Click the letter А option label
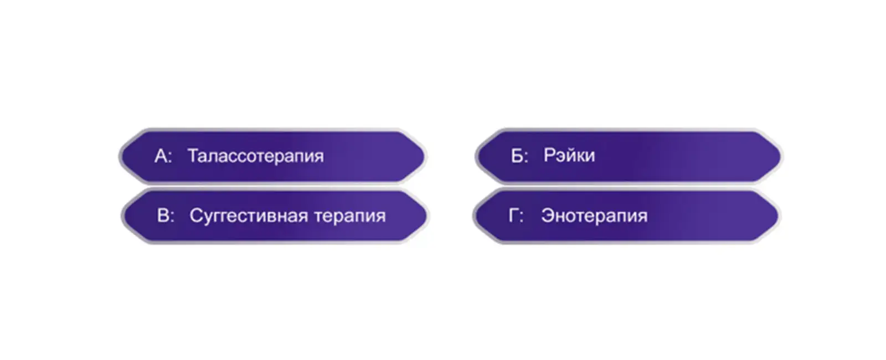(163, 156)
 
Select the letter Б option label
(519, 156)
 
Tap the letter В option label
(166, 215)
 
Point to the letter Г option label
(516, 215)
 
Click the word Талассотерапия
(255, 156)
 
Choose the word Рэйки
(569, 155)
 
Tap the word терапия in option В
(350, 217)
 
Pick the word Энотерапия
(595, 217)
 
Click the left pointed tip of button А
(120, 156)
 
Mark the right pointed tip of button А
(426, 156)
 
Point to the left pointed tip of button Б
(476, 156)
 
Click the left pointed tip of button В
(122, 217)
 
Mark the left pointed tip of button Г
(473, 217)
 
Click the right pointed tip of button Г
(780, 217)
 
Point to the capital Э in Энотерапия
(548, 215)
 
